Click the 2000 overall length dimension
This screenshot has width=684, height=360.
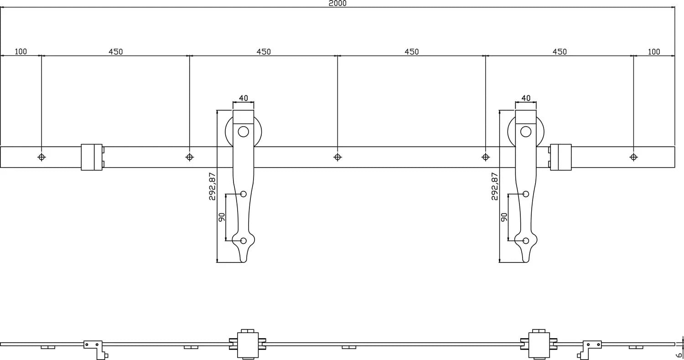pyautogui.click(x=337, y=3)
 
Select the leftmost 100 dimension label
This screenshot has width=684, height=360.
pyautogui.click(x=21, y=51)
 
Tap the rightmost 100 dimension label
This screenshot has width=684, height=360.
pyautogui.click(x=653, y=51)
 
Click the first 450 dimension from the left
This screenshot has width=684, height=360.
pyautogui.click(x=115, y=51)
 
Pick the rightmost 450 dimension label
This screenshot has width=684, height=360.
pyautogui.click(x=560, y=51)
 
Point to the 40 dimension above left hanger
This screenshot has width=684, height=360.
pyautogui.click(x=244, y=98)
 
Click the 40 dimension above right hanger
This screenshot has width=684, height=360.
pyautogui.click(x=526, y=98)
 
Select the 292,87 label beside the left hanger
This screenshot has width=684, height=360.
pyautogui.click(x=212, y=186)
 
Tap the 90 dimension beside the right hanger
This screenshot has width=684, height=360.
pyautogui.click(x=504, y=217)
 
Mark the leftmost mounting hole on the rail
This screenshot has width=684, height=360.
pyautogui.click(x=41, y=157)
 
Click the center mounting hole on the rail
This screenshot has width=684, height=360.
pyautogui.click(x=337, y=157)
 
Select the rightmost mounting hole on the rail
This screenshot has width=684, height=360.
pyautogui.click(x=633, y=157)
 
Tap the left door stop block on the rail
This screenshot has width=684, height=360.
pyautogui.click(x=92, y=157)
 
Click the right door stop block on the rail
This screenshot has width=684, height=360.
pyautogui.click(x=560, y=157)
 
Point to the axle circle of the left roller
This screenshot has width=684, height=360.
pyautogui.click(x=244, y=132)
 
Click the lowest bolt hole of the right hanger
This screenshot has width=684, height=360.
pyautogui.click(x=526, y=241)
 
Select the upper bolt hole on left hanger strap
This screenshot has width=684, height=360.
pyautogui.click(x=243, y=194)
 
